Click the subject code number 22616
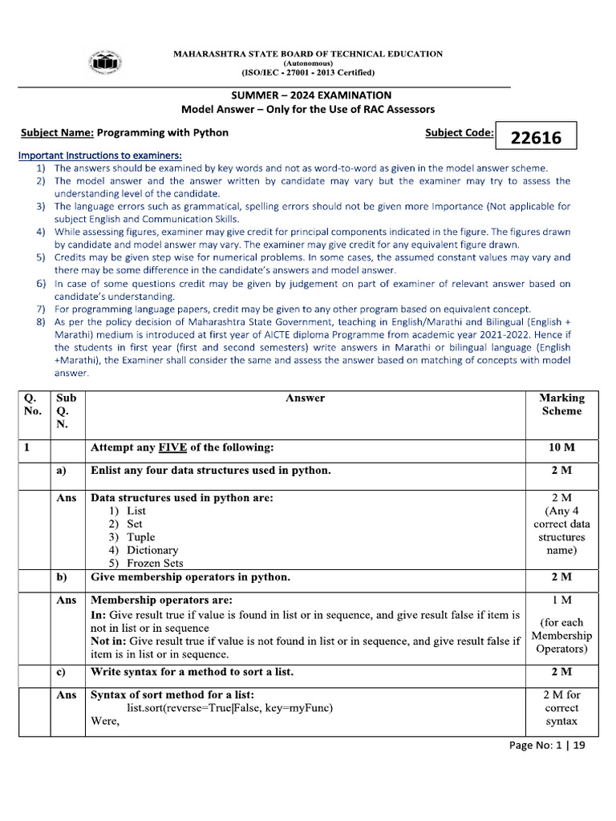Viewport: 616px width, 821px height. click(x=537, y=138)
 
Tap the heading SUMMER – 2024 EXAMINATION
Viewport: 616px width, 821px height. click(x=309, y=95)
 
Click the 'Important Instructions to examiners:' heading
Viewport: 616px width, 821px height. click(x=100, y=154)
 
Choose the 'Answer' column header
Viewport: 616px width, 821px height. click(x=305, y=398)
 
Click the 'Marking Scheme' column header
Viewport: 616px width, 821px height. click(x=561, y=404)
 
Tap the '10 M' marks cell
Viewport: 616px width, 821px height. click(x=561, y=447)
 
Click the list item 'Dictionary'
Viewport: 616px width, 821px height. click(x=152, y=550)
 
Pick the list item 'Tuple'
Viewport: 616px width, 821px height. click(x=141, y=537)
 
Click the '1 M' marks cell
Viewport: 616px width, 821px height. click(x=561, y=600)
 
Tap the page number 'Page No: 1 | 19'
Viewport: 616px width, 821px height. click(x=548, y=745)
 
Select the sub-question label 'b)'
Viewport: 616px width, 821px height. click(x=62, y=577)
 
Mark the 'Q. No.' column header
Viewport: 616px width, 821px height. click(x=32, y=404)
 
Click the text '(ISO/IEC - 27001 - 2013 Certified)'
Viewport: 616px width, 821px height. click(x=309, y=72)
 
